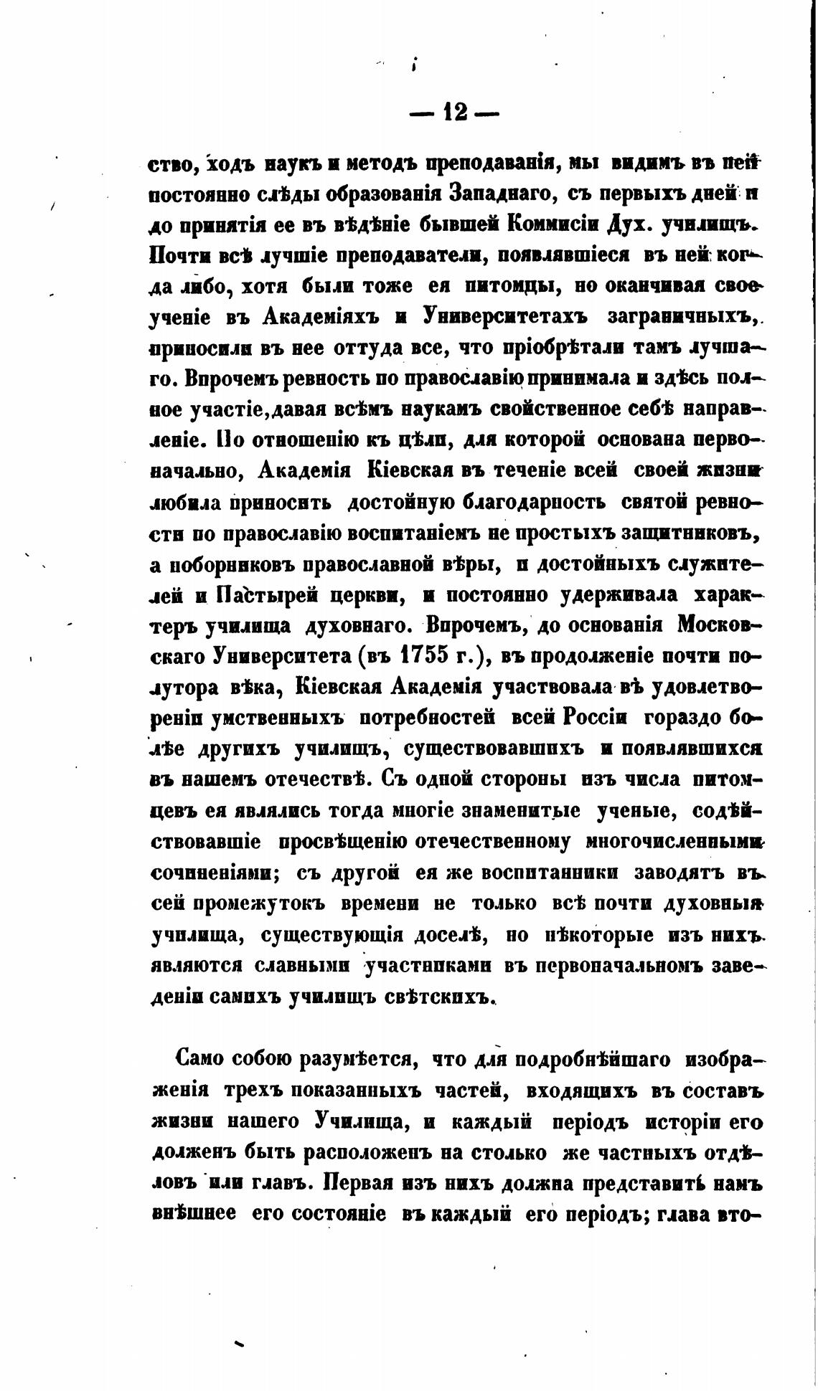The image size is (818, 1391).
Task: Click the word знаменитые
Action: (x=522, y=811)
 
